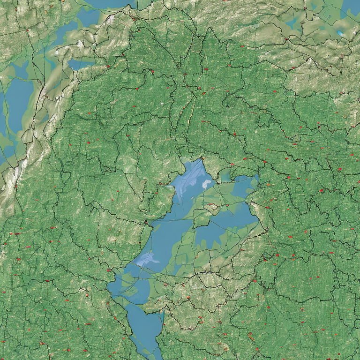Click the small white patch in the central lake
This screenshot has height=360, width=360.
pos(207,184)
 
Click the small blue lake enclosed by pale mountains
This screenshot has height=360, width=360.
pos(78,63)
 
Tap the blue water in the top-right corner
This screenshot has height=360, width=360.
pos(352,6)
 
